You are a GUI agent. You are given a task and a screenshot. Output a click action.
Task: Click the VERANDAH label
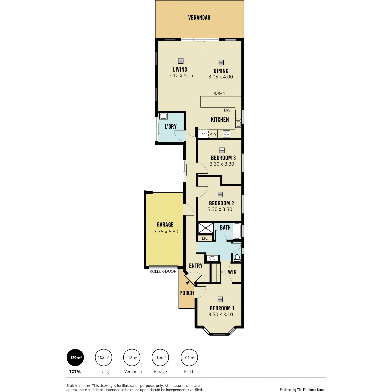click(199, 18)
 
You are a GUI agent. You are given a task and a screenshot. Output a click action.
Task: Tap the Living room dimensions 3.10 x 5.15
click(181, 75)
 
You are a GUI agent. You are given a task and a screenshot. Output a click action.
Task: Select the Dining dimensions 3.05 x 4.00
click(220, 77)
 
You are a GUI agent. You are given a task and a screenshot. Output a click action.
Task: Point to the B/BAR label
click(219, 94)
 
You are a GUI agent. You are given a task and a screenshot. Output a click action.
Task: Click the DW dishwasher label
click(227, 110)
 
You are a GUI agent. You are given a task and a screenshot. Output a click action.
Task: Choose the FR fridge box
click(203, 134)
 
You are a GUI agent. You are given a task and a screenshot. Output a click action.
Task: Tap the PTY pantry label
click(213, 135)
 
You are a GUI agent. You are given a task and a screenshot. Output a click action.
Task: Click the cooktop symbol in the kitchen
click(226, 134)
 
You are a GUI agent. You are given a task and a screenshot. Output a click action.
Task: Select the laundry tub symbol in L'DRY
click(163, 116)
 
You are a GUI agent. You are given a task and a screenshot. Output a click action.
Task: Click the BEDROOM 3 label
click(223, 158)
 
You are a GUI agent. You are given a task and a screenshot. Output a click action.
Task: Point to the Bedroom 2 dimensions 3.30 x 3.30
click(220, 209)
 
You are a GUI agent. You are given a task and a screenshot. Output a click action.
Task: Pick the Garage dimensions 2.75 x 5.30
click(166, 232)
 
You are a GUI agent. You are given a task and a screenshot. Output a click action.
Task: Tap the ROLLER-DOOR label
click(163, 271)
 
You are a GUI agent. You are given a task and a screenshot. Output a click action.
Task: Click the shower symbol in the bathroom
click(206, 228)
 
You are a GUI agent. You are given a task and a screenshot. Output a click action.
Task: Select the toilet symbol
click(237, 258)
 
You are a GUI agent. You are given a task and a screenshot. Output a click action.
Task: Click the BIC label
click(204, 238)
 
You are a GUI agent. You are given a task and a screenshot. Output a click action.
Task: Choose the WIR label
click(232, 272)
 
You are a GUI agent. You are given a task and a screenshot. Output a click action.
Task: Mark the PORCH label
click(187, 293)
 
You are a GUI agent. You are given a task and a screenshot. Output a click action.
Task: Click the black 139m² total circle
click(75, 357)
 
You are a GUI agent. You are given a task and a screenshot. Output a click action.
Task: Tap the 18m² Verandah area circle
click(132, 357)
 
